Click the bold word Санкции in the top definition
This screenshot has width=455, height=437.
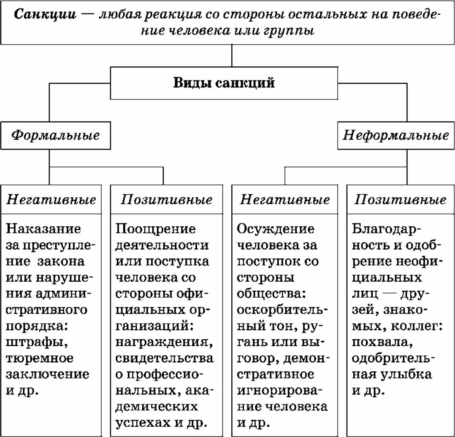pos(45,15)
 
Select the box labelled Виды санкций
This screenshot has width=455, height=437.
pos(224,83)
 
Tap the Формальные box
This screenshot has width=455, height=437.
pos(55,135)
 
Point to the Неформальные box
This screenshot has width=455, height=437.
pos(396,135)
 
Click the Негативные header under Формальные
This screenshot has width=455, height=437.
pos(51,200)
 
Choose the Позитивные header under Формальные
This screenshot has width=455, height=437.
pos(167,200)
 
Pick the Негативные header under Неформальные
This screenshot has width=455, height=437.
pos(285,200)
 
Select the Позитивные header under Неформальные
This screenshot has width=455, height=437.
pos(400,200)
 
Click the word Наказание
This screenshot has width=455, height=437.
pos(43,229)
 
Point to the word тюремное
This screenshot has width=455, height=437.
pos(39,358)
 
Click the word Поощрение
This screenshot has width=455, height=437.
pos(156,229)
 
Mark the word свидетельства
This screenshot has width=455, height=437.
pos(164,358)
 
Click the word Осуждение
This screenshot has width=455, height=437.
pos(275,229)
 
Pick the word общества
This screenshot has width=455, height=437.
pos(271,294)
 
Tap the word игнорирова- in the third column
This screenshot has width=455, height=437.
pos(279,391)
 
